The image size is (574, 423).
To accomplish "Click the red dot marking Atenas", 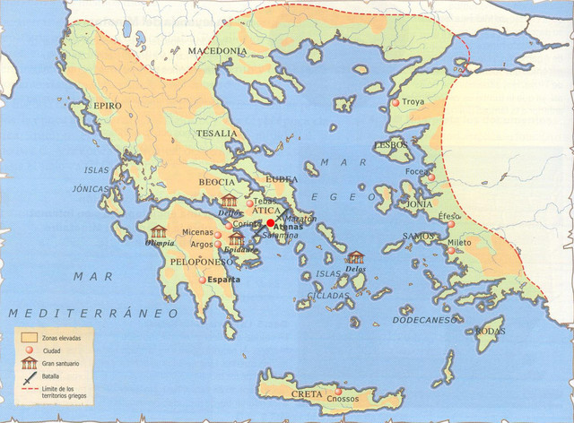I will pyautogui.click(x=270, y=223).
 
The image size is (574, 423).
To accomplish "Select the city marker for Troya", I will pyautogui.click(x=396, y=104).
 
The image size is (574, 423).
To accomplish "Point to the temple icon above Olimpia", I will pyautogui.click(x=159, y=231).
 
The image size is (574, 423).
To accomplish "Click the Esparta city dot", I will pyautogui.click(x=203, y=280).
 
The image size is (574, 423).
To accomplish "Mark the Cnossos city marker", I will pyautogui.click(x=338, y=393).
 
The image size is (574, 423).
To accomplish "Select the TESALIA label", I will pyautogui.click(x=219, y=134).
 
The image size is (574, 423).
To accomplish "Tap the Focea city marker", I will pyautogui.click(x=431, y=177).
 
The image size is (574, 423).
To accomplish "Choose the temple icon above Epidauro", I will pyautogui.click(x=236, y=238).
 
